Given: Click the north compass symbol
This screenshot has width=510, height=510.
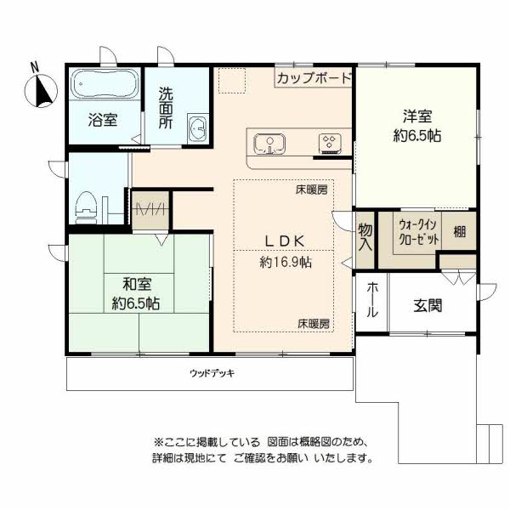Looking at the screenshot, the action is coord(42,90).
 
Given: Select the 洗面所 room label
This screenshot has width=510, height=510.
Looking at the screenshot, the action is coord(166,108).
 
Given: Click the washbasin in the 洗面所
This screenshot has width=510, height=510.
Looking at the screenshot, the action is coord(197,128).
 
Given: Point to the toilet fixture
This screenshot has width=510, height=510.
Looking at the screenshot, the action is coord(87,207).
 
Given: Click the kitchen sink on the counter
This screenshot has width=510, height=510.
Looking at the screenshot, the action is coord(269,144).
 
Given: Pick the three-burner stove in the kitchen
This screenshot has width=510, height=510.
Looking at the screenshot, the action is coord(330,143).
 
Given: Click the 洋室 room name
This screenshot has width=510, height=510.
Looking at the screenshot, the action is coord(417,116).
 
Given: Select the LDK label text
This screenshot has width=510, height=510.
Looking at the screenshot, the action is coord(286,241).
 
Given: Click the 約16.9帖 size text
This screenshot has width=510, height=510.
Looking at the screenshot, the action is coord(286,262).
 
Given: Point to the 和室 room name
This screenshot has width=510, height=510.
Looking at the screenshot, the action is coord(137,284).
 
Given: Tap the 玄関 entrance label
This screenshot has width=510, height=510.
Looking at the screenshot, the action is coord(428,305).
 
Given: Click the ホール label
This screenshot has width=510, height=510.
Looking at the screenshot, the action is coord(372,300).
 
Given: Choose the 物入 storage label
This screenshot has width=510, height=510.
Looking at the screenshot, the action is coord(365,237).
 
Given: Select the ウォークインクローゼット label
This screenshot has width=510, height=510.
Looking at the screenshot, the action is coord(419,232).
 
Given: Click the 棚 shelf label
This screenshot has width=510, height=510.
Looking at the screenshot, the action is coord(459,232).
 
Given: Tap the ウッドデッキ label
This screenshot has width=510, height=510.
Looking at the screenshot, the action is coord(212,373).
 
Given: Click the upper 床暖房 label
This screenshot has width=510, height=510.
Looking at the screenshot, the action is coord(312,190).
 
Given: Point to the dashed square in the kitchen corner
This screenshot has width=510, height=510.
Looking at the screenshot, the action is coord(232,81).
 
